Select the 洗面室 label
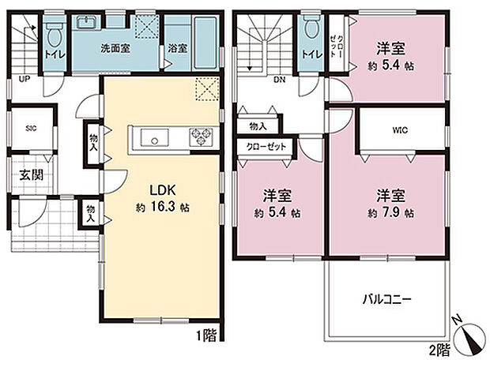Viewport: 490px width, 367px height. [115, 48]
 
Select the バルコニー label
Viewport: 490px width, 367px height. [387, 299]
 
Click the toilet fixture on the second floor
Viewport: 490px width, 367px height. [310, 30]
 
